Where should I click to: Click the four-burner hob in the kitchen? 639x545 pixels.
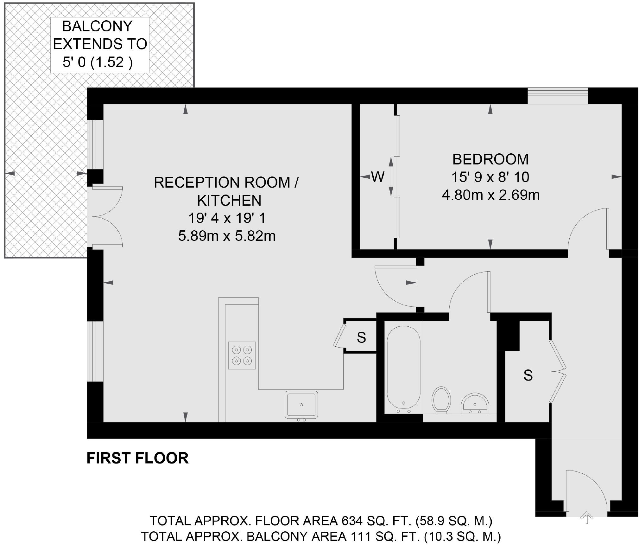point(242,355)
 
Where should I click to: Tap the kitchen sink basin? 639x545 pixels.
point(301,405)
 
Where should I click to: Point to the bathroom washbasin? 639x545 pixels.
point(475,404)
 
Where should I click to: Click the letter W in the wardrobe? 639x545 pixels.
point(378,177)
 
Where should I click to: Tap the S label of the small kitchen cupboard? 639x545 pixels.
point(361,337)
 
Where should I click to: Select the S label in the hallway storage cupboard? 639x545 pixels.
point(528,375)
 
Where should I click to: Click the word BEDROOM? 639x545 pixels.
point(490,159)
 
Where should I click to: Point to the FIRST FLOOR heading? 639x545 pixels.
point(137,458)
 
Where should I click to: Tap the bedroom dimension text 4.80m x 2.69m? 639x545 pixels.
point(490,195)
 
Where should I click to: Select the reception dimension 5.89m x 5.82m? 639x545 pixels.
point(227,236)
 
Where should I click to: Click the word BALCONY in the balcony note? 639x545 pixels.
point(97,26)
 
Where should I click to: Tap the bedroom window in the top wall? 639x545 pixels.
point(558,96)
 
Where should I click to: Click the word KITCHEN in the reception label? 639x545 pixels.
point(229,200)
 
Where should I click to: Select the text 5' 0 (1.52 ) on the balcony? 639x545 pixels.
point(98,62)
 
